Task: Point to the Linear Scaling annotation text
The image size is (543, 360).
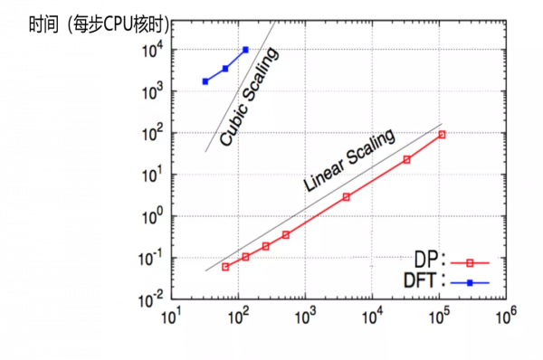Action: pyautogui.click(x=349, y=161)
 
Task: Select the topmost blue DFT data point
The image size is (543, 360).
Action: pyautogui.click(x=245, y=50)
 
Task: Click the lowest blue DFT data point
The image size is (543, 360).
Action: pyautogui.click(x=205, y=81)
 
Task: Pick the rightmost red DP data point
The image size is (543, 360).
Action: pyautogui.click(x=443, y=135)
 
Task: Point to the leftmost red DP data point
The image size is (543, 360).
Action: pyautogui.click(x=225, y=267)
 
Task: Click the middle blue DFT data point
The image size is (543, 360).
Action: pyautogui.click(x=225, y=69)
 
